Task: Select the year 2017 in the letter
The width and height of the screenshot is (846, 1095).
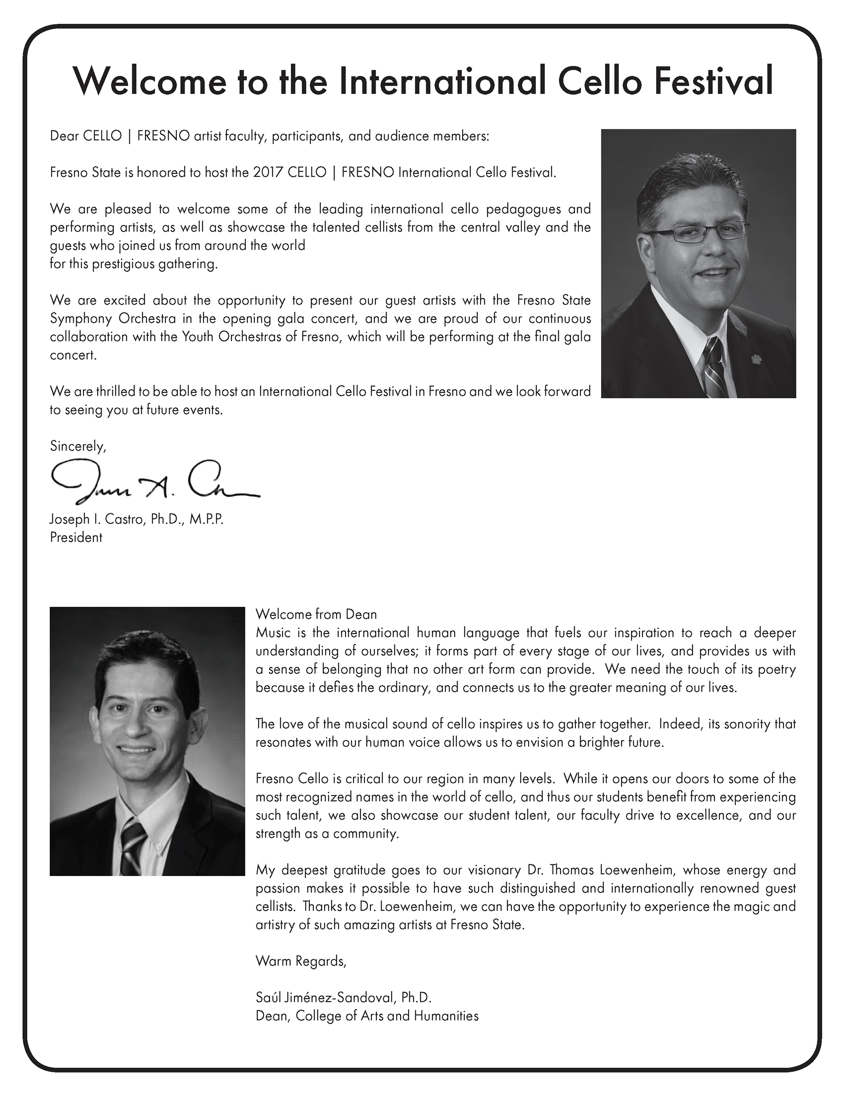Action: (x=268, y=172)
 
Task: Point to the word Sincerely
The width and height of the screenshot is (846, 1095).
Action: (x=78, y=446)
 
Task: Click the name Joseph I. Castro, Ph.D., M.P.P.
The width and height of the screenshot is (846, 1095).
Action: (x=137, y=519)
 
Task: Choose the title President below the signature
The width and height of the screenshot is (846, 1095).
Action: (x=76, y=537)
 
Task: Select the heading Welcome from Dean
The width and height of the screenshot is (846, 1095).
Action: (x=316, y=614)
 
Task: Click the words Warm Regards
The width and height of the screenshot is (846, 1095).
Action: (x=301, y=961)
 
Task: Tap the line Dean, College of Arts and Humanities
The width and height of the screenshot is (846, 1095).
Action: (x=367, y=1016)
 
